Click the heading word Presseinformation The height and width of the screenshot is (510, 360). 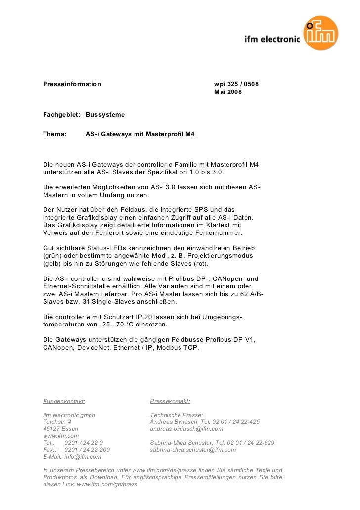(x=72, y=84)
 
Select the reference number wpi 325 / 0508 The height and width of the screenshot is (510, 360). (x=236, y=84)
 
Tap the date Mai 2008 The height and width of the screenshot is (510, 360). (x=228, y=93)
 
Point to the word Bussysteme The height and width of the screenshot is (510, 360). (x=105, y=115)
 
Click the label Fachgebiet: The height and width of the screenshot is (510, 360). (x=61, y=115)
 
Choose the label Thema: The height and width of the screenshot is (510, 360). (x=55, y=134)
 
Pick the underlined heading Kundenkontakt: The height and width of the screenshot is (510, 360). (x=64, y=401)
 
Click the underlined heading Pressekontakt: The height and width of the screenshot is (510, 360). (x=170, y=401)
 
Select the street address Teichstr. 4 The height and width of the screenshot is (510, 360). (x=57, y=422)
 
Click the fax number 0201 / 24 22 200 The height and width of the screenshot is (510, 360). (x=88, y=450)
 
